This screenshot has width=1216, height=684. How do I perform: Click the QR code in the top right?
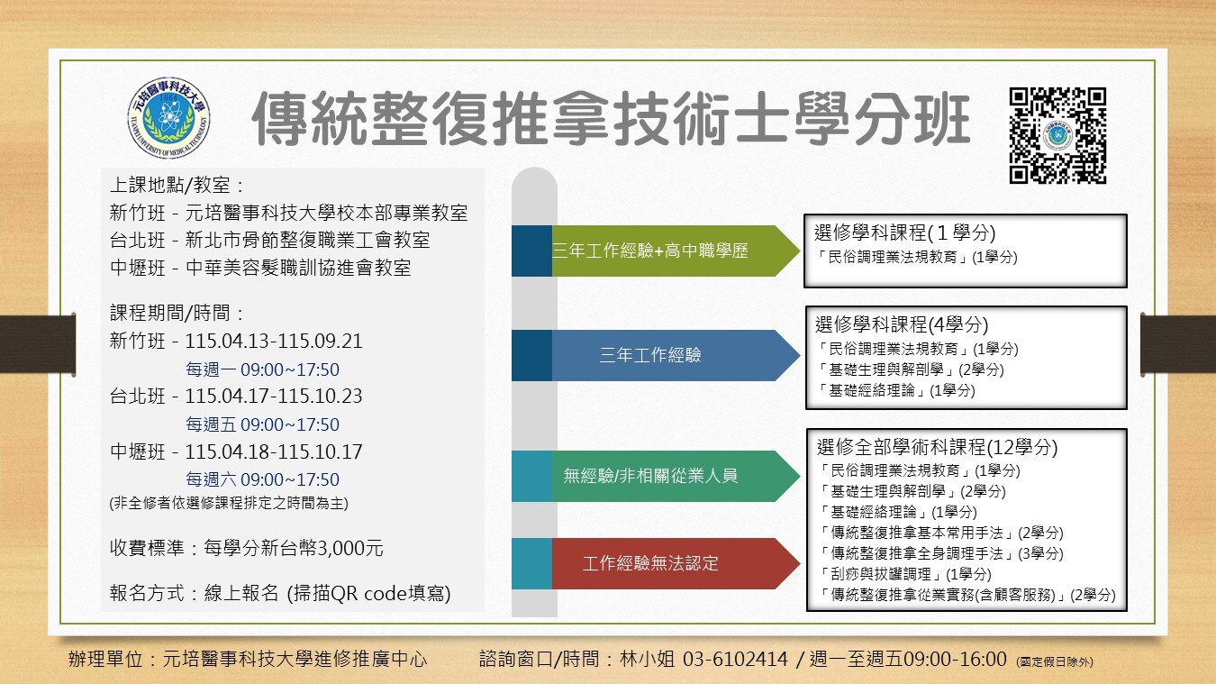coord(1057,136)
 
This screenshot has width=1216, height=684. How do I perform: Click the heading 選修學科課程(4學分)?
coord(901,325)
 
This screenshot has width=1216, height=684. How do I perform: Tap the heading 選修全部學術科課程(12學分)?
coord(937,447)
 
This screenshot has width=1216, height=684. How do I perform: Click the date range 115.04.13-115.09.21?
coord(274,342)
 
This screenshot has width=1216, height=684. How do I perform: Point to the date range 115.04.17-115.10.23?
coord(274,397)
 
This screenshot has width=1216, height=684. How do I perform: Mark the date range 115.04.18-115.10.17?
coord(274,451)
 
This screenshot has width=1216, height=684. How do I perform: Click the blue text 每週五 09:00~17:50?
coord(262,424)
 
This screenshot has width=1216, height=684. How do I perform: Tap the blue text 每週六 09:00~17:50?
coord(262,479)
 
